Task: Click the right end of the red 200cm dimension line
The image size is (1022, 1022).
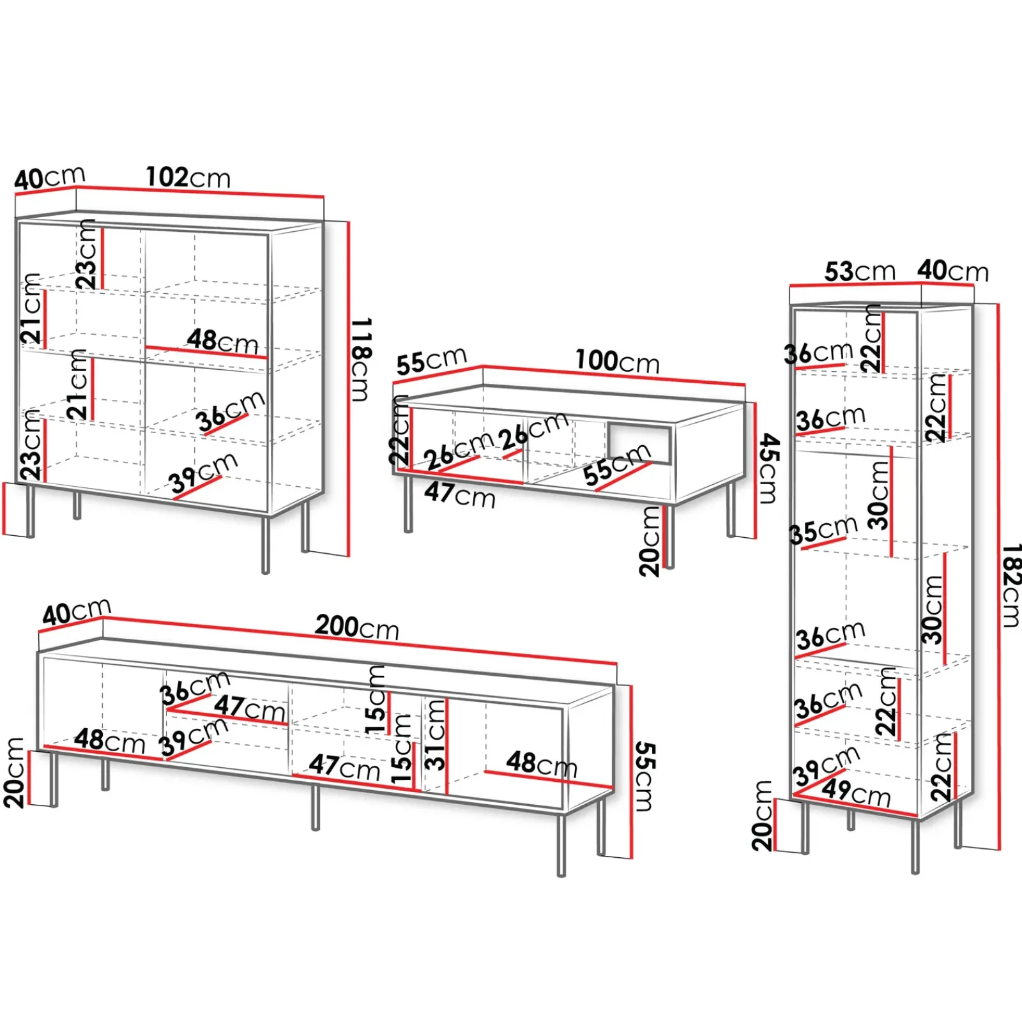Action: pos(616,664)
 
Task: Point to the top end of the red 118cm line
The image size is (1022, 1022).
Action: pos(349,222)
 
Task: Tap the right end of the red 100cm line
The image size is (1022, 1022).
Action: pos(745,385)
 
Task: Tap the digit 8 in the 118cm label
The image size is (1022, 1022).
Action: pos(362,353)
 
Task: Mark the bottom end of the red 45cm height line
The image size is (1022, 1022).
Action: pos(756,538)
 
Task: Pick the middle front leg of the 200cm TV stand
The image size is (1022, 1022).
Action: pos(315,807)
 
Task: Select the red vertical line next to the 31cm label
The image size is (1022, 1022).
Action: pos(447,746)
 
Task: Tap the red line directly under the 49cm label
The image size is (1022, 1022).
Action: pos(855,806)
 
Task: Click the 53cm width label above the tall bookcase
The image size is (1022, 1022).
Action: pos(860,271)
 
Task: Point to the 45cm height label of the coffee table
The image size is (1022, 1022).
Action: pos(769,469)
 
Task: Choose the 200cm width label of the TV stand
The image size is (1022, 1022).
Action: pos(357,627)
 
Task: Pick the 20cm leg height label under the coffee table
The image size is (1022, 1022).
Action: pos(650,542)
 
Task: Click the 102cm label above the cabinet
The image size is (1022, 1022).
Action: pos(188,177)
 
